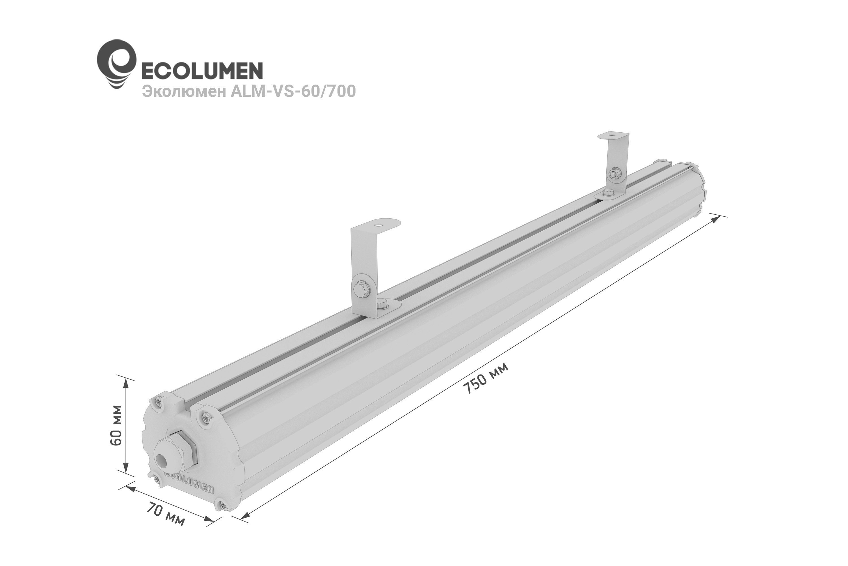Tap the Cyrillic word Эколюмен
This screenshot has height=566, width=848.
[183, 91]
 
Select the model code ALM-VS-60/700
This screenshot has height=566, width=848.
[293, 91]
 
